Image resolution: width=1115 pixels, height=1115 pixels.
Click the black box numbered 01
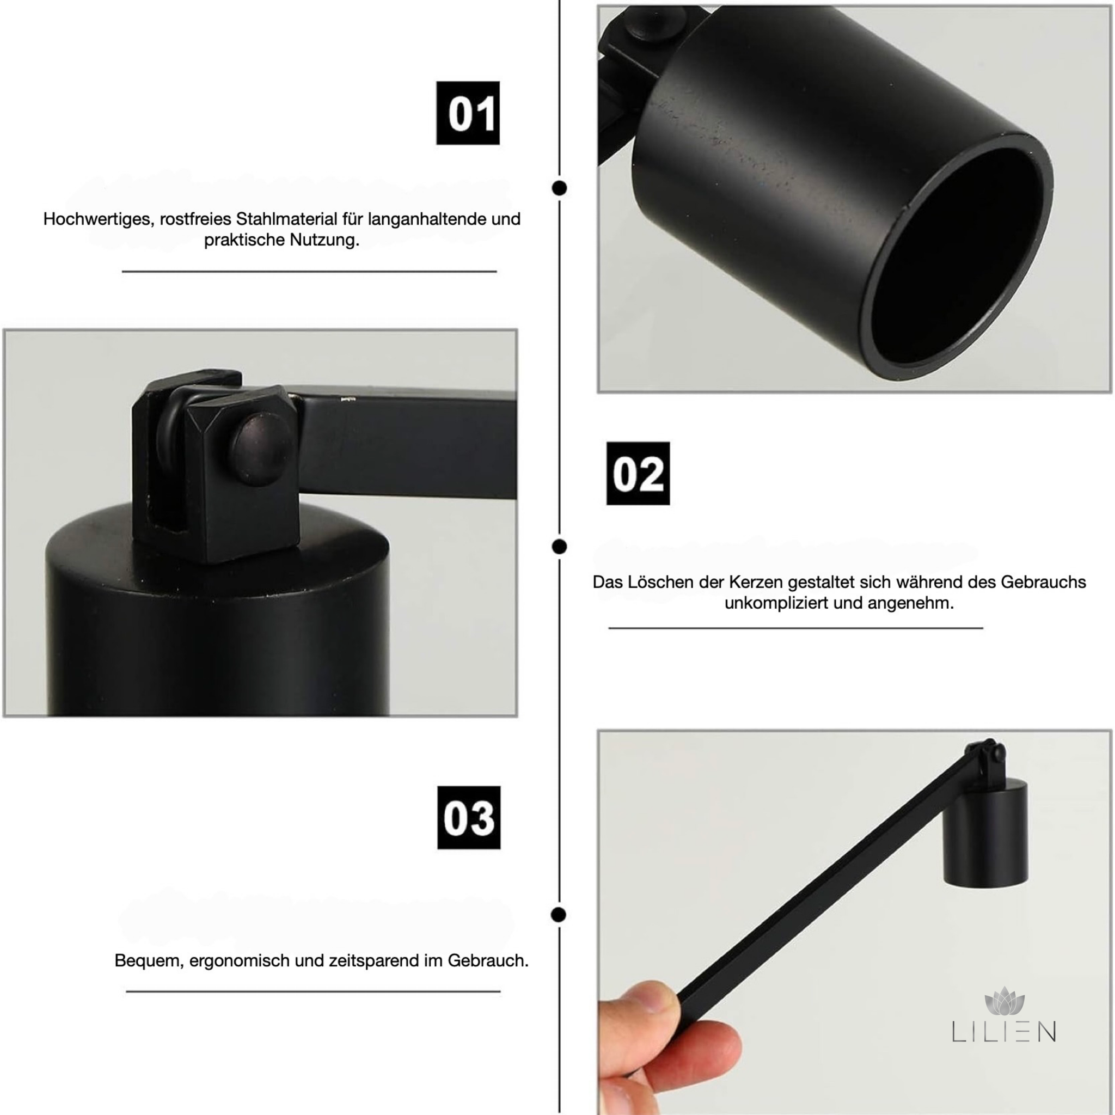468,113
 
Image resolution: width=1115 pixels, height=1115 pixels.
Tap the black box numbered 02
638,474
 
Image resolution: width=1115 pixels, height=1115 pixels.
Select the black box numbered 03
469,817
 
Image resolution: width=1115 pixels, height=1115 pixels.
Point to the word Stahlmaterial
287,219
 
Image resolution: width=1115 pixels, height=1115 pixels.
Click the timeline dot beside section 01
559,188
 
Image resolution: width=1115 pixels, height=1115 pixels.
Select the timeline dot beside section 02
559,547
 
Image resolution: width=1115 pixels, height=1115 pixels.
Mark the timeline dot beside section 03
559,915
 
